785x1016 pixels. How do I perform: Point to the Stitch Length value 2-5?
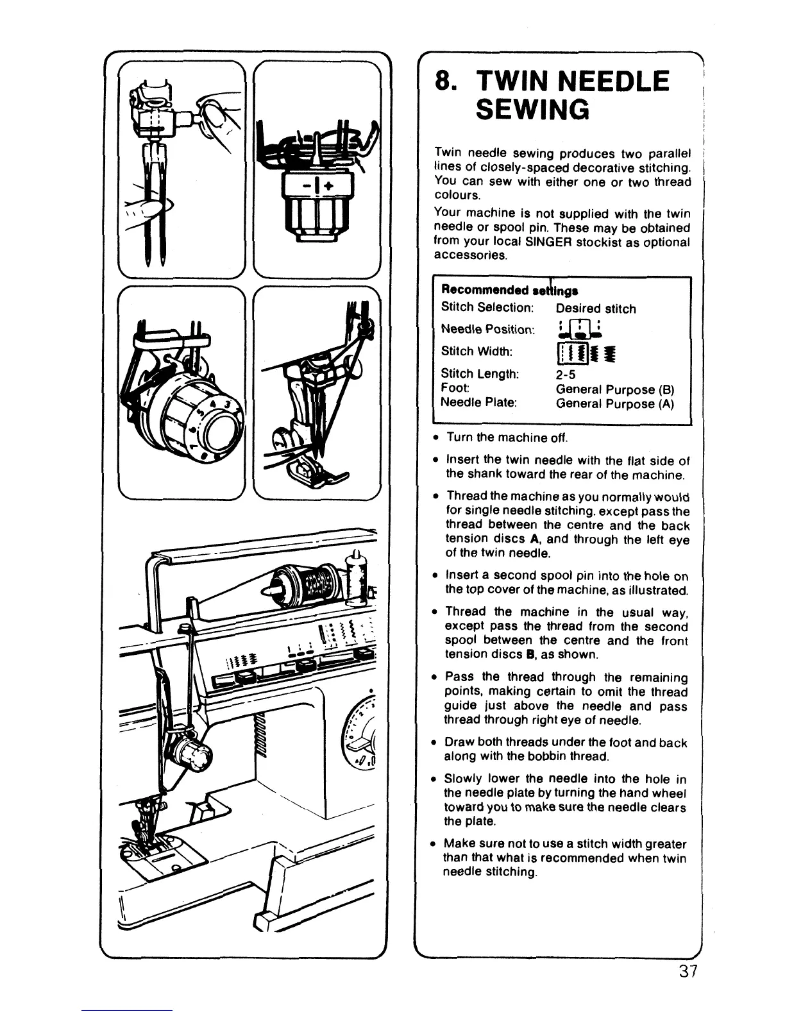tap(568, 374)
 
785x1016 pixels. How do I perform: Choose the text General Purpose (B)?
tap(614, 389)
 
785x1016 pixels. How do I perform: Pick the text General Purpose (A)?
tap(614, 403)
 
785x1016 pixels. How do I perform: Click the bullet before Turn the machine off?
tap(435, 438)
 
